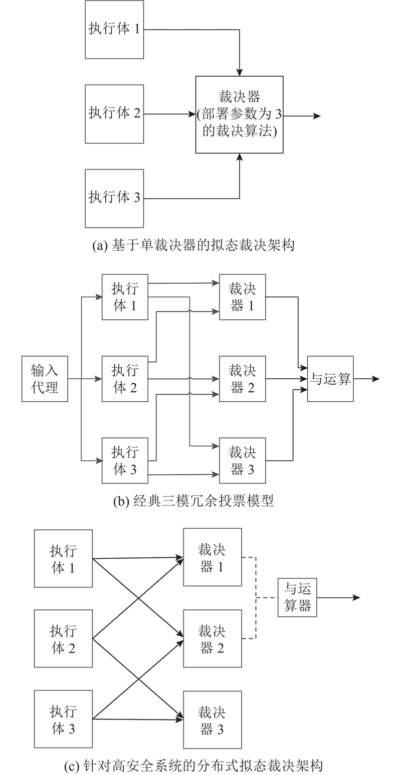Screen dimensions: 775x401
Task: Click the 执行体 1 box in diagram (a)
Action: (114, 29)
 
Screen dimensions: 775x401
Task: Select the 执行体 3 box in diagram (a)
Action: (114, 198)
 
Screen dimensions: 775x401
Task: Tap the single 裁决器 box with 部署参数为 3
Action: (239, 115)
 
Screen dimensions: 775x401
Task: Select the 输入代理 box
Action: (45, 379)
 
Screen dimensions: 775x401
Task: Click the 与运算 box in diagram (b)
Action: (330, 379)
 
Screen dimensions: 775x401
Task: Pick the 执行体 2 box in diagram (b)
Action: (125, 379)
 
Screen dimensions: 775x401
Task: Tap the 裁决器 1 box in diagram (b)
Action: (242, 297)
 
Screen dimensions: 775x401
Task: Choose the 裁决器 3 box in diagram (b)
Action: (242, 460)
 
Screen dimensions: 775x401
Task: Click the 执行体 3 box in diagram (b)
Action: (125, 460)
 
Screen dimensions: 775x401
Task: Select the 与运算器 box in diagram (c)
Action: (297, 597)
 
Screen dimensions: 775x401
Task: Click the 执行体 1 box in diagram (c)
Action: (64, 558)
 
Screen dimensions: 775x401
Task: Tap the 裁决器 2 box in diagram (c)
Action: (213, 638)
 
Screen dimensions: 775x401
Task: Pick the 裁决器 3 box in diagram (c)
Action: (213, 719)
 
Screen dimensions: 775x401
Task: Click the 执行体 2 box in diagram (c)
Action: (64, 638)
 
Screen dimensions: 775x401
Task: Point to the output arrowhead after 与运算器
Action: (356, 597)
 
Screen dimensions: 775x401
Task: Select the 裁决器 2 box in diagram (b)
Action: (242, 379)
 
